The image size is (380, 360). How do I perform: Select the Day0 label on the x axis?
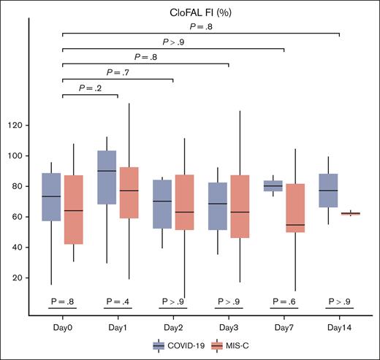point(62,325)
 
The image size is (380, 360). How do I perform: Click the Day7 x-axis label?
point(284,325)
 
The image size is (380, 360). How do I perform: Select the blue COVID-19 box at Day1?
point(107,177)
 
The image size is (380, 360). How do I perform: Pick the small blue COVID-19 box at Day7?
point(273,185)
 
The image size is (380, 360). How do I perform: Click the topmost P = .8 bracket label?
point(201,26)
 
